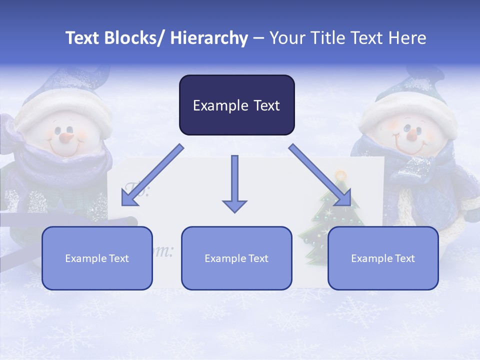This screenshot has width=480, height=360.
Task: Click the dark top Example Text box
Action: pos(236,105)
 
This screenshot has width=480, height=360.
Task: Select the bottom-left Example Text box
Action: pos(97,258)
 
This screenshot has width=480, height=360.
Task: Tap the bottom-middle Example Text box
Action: pos(236,258)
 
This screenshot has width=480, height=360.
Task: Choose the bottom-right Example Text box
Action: pos(383,258)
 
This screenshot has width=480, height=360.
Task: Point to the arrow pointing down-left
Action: pos(152,175)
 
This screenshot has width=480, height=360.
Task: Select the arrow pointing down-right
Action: pos(320,175)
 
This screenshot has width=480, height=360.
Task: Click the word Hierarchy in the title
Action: pos(209,38)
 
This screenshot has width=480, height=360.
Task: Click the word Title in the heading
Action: pos(325,38)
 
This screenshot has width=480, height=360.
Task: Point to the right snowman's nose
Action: pos(411,134)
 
